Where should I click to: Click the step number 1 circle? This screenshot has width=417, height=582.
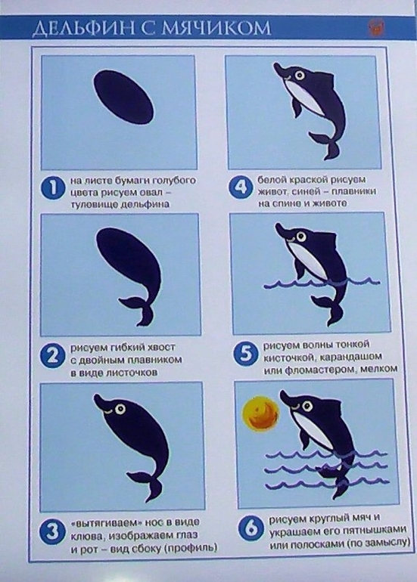[53, 188]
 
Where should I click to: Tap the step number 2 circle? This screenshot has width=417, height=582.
[52, 357]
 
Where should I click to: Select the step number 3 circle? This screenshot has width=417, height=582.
[51, 532]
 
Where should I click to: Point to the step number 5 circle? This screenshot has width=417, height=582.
[246, 354]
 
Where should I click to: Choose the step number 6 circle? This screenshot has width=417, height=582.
[251, 528]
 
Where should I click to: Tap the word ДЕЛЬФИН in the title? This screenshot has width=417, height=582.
[83, 29]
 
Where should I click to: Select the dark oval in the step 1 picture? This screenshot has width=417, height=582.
[124, 98]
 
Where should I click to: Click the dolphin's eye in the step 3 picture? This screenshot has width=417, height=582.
[120, 409]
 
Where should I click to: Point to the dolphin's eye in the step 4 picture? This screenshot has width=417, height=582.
[300, 76]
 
